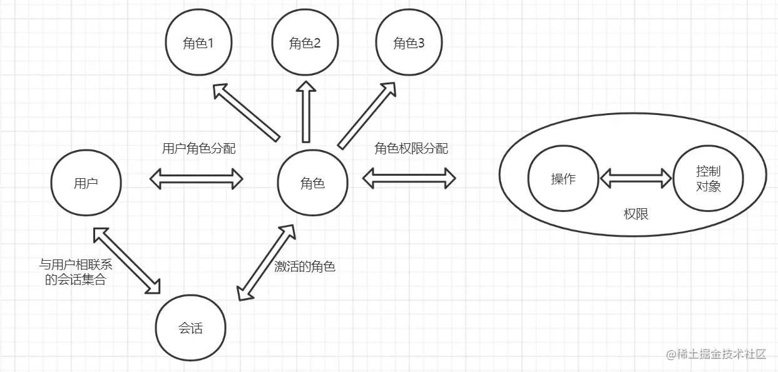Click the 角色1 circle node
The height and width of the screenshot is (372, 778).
(x=199, y=43)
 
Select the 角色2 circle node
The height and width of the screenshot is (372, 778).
(x=305, y=43)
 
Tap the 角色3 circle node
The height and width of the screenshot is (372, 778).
(x=409, y=43)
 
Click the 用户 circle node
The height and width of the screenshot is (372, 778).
(x=85, y=183)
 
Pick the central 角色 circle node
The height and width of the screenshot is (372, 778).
(x=312, y=183)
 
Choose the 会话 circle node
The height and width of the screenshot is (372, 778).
(x=190, y=328)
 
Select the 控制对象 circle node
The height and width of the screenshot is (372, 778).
(x=708, y=179)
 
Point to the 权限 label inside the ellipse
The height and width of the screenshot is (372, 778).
(x=636, y=214)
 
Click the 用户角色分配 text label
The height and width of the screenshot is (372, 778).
(x=198, y=149)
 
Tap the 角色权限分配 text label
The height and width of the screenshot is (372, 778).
(x=411, y=149)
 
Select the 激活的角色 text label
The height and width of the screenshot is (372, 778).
(x=305, y=266)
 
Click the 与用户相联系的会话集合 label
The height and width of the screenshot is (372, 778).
(x=76, y=273)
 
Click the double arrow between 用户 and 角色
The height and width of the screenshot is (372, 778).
(x=197, y=179)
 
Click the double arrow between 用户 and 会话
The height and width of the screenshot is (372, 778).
(x=126, y=260)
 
